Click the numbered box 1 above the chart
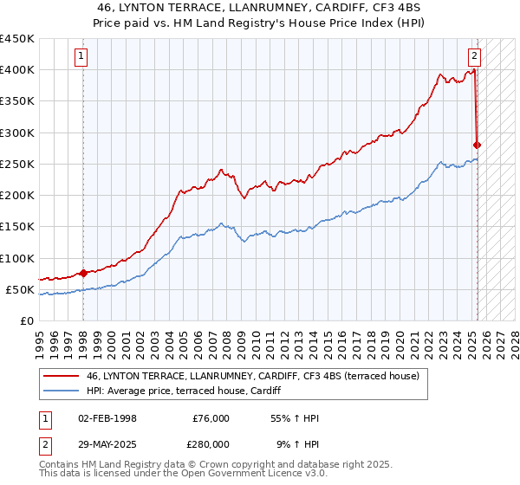click(81, 57)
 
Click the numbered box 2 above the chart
click(475, 57)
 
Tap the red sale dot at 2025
click(478, 145)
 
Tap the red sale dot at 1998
click(83, 273)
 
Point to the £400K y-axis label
click(16, 70)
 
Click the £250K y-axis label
click(16, 164)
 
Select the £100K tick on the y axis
click(16, 258)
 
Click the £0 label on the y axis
click(26, 320)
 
